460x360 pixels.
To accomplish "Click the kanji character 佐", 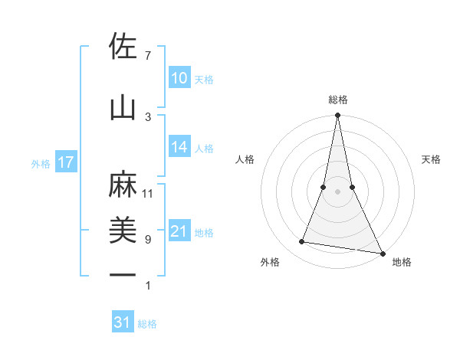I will click(123, 47).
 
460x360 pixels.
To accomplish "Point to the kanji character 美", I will click(123, 231).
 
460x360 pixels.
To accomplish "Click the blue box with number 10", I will click(179, 78).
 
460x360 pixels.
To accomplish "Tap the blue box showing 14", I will click(179, 148).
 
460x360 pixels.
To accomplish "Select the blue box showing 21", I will click(179, 232).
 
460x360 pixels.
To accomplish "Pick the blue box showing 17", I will click(65, 162).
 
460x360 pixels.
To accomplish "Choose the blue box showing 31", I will click(123, 322).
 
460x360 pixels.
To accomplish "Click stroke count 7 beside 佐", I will click(148, 56).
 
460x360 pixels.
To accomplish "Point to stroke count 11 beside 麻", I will click(148, 193).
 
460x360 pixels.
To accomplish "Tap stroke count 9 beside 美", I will click(148, 239).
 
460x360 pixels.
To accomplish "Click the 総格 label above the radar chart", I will click(337, 100).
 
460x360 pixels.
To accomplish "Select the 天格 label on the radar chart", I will click(432, 159).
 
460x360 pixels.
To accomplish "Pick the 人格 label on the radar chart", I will click(245, 159).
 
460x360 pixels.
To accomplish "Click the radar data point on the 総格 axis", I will click(337, 116).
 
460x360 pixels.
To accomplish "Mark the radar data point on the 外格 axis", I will click(302, 242).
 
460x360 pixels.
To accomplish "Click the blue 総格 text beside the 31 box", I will click(147, 324).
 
